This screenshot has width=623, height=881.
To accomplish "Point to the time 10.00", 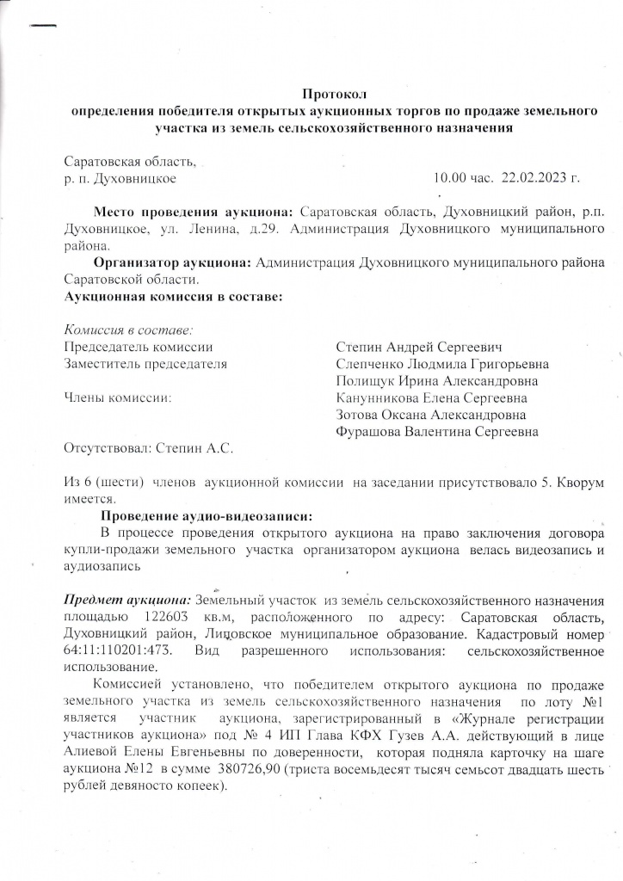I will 448,179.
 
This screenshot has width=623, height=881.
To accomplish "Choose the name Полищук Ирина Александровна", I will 437,381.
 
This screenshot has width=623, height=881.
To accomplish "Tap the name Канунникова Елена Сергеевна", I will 432,398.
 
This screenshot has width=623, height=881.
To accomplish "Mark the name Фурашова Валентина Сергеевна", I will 437,432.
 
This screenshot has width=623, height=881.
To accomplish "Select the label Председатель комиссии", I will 139,348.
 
